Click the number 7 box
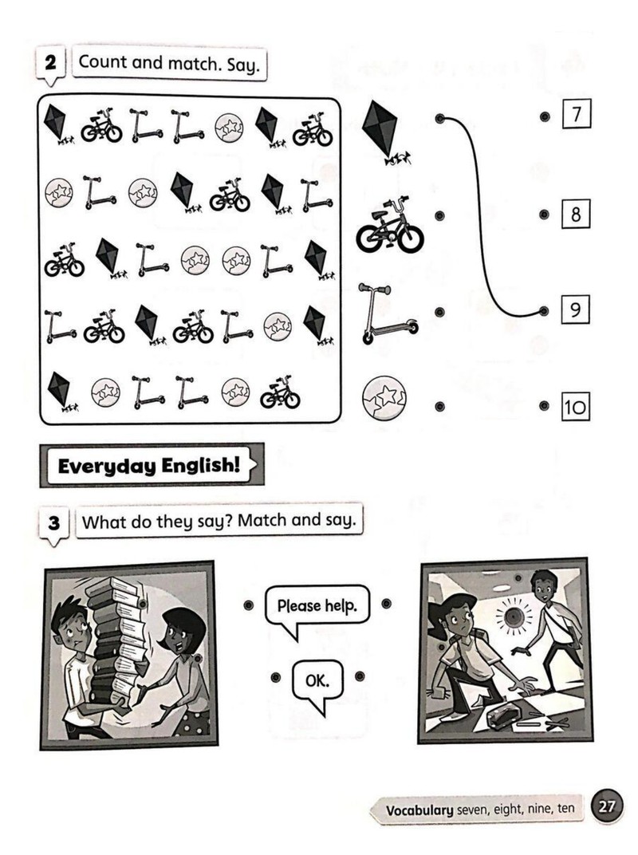point(577,114)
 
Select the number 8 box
point(576,214)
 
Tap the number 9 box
point(575,309)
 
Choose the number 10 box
point(575,407)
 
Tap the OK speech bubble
point(317,684)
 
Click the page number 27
point(607,806)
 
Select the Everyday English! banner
point(152,465)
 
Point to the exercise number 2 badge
point(51,65)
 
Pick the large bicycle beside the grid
point(390,226)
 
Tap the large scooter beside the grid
point(387,313)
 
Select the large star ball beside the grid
point(384,397)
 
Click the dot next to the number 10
point(544,406)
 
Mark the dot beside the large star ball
point(440,406)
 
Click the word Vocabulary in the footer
point(419,810)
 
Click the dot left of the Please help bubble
point(248,605)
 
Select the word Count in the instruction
point(103,61)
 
